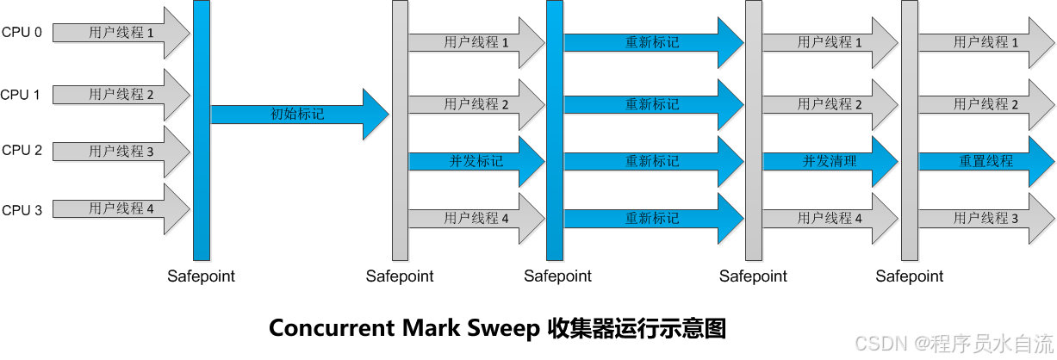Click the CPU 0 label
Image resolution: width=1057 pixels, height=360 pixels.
click(x=22, y=33)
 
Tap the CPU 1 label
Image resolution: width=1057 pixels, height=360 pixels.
click(x=21, y=95)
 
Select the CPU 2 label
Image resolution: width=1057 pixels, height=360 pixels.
click(x=22, y=150)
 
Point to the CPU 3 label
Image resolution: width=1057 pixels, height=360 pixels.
click(x=22, y=209)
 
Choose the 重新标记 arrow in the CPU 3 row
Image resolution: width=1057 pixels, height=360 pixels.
click(x=651, y=218)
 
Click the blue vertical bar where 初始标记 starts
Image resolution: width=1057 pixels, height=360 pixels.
click(x=202, y=129)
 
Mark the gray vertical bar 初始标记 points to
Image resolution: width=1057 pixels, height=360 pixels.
click(x=400, y=129)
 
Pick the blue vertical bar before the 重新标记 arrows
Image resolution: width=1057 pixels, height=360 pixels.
click(x=555, y=129)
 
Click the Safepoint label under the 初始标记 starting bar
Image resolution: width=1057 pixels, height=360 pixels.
click(x=201, y=276)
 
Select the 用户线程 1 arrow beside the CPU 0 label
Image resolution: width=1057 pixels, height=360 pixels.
click(x=121, y=33)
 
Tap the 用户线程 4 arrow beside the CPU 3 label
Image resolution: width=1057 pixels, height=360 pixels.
click(x=121, y=208)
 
